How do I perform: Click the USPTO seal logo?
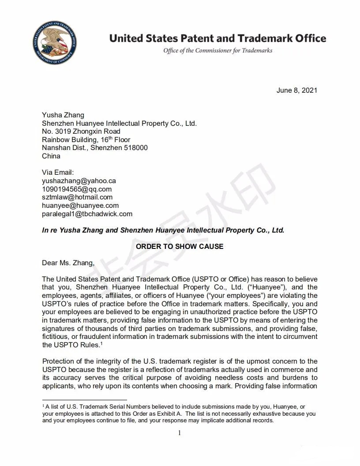[54, 43]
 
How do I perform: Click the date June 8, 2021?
[296, 90]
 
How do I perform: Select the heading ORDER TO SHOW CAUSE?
[180, 246]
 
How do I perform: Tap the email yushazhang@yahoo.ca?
[79, 181]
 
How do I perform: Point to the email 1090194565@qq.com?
[77, 189]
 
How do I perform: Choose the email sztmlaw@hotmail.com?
[77, 197]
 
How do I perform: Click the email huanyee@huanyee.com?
[80, 206]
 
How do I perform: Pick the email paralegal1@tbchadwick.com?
[87, 214]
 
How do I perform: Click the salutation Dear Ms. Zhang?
[68, 263]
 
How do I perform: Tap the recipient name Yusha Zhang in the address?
[63, 115]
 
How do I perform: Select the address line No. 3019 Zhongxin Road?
[81, 132]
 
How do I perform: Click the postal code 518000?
[136, 148]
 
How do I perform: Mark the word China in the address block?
[51, 156]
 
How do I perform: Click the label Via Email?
[58, 173]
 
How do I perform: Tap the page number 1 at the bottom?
[180, 433]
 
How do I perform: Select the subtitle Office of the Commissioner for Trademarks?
[217, 50]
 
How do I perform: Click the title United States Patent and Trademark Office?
[217, 38]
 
